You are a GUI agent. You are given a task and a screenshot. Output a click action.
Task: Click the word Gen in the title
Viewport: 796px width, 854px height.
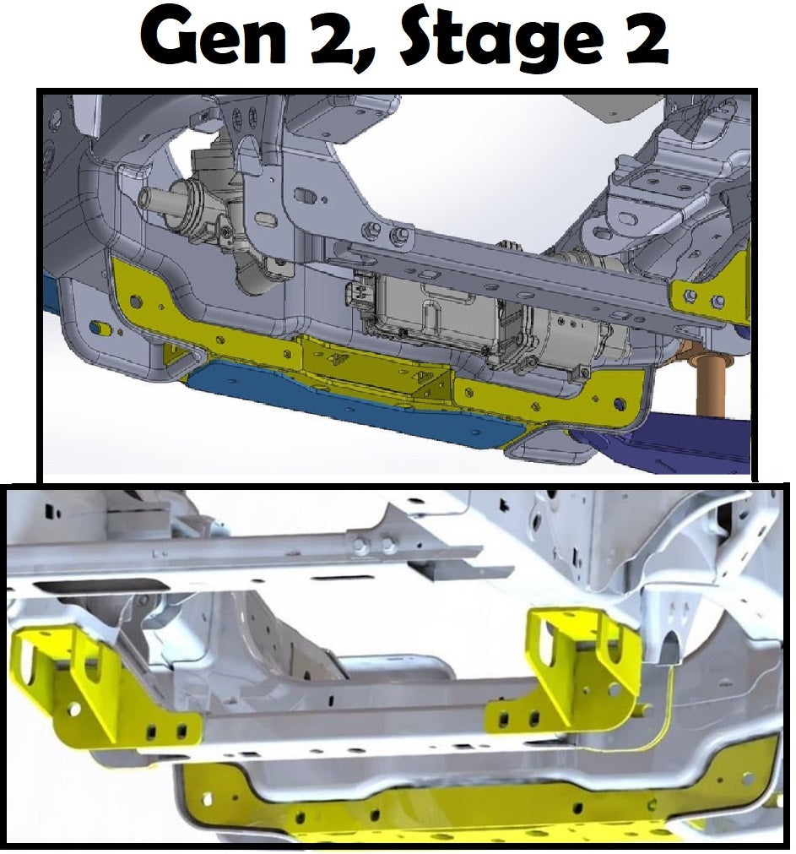pyautogui.click(x=213, y=37)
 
